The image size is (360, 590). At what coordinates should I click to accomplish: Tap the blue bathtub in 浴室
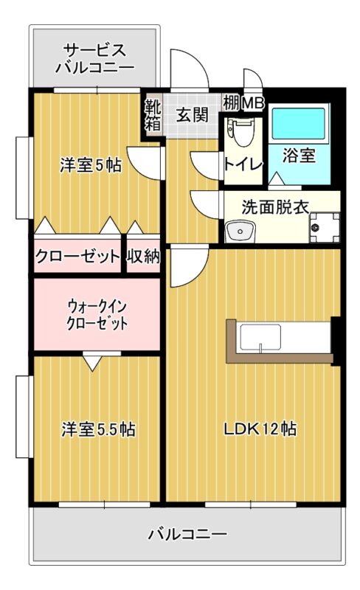pos(298,124)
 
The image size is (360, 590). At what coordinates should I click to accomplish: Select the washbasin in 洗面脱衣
pos(240,231)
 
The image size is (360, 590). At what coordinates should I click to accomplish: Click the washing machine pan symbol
pos(325,227)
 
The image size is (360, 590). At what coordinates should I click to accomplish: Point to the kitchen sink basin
pos(260,337)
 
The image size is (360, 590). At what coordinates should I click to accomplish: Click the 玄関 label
pos(193,115)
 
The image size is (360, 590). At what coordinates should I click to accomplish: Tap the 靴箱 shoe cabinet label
pos(153,115)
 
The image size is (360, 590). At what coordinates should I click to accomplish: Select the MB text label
pos(253,103)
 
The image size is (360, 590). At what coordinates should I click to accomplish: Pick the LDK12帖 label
pos(260,429)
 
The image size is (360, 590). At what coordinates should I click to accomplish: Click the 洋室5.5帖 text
pos(98,429)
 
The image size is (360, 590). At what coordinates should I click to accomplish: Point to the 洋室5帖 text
pos(91,165)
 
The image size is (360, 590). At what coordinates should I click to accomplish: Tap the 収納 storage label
pos(143,257)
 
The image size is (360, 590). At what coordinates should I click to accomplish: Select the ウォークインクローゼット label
pos(97,316)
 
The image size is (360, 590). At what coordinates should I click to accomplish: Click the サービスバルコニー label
pos(95,59)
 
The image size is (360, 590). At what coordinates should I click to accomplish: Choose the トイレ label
pos(243,164)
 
